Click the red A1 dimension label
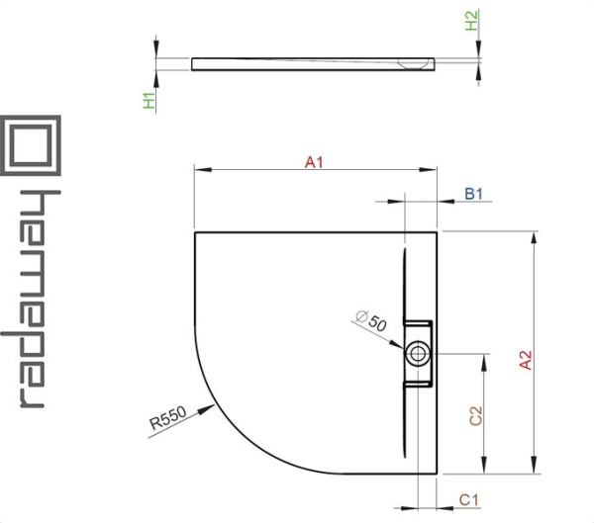314,162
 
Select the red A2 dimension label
526,360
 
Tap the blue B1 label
474,194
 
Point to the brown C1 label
469,500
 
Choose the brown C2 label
476,415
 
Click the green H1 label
149,101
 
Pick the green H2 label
471,21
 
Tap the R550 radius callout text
168,418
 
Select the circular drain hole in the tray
418,354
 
